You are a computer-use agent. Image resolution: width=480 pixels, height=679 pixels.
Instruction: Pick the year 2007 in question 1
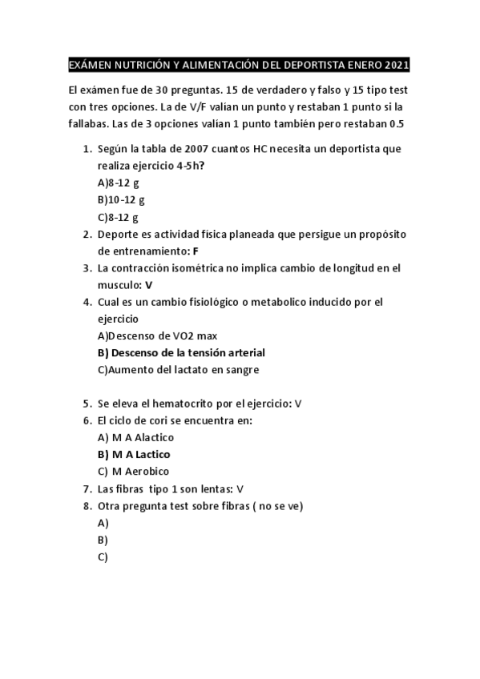198,149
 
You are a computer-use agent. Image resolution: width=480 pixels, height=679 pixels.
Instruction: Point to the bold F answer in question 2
196,251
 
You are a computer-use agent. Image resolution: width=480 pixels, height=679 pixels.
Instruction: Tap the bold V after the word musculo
149,284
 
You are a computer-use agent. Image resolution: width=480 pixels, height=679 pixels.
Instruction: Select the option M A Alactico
135,437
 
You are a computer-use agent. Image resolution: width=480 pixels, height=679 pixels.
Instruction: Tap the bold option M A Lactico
128,454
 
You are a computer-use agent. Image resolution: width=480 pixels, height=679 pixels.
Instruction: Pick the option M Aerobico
133,471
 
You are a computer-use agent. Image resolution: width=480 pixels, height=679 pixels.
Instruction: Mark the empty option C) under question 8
103,556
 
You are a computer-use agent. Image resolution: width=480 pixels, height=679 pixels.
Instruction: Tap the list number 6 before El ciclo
87,420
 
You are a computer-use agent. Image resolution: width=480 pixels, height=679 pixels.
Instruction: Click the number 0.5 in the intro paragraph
397,124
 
